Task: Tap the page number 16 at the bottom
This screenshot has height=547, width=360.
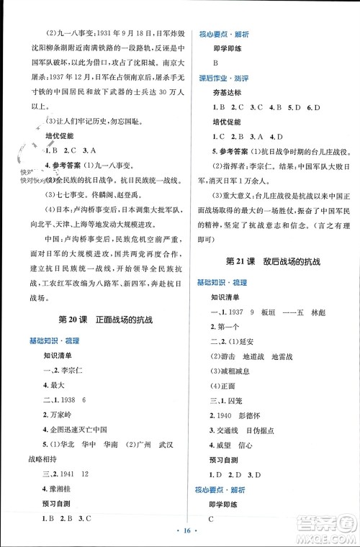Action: click(x=180, y=537)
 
